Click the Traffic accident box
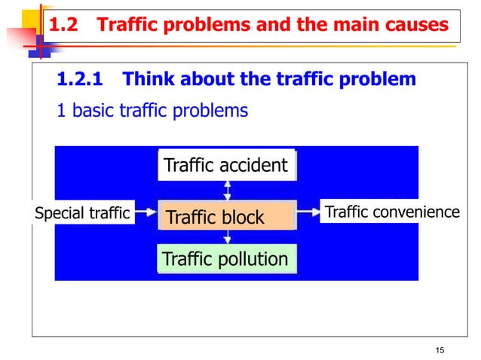pos(225,165)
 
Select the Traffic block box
pos(225,218)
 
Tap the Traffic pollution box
pos(225,260)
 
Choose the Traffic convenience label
pos(391,212)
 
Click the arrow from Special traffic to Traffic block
pos(144,214)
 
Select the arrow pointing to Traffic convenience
pos(307,213)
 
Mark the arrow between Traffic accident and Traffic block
pos(226,191)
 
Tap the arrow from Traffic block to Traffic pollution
pos(226,236)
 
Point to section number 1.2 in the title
pos(63,26)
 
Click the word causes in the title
pos(417,26)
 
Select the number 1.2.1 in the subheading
pos(80,79)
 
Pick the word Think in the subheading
pos(147,79)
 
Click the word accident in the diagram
pos(253,165)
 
